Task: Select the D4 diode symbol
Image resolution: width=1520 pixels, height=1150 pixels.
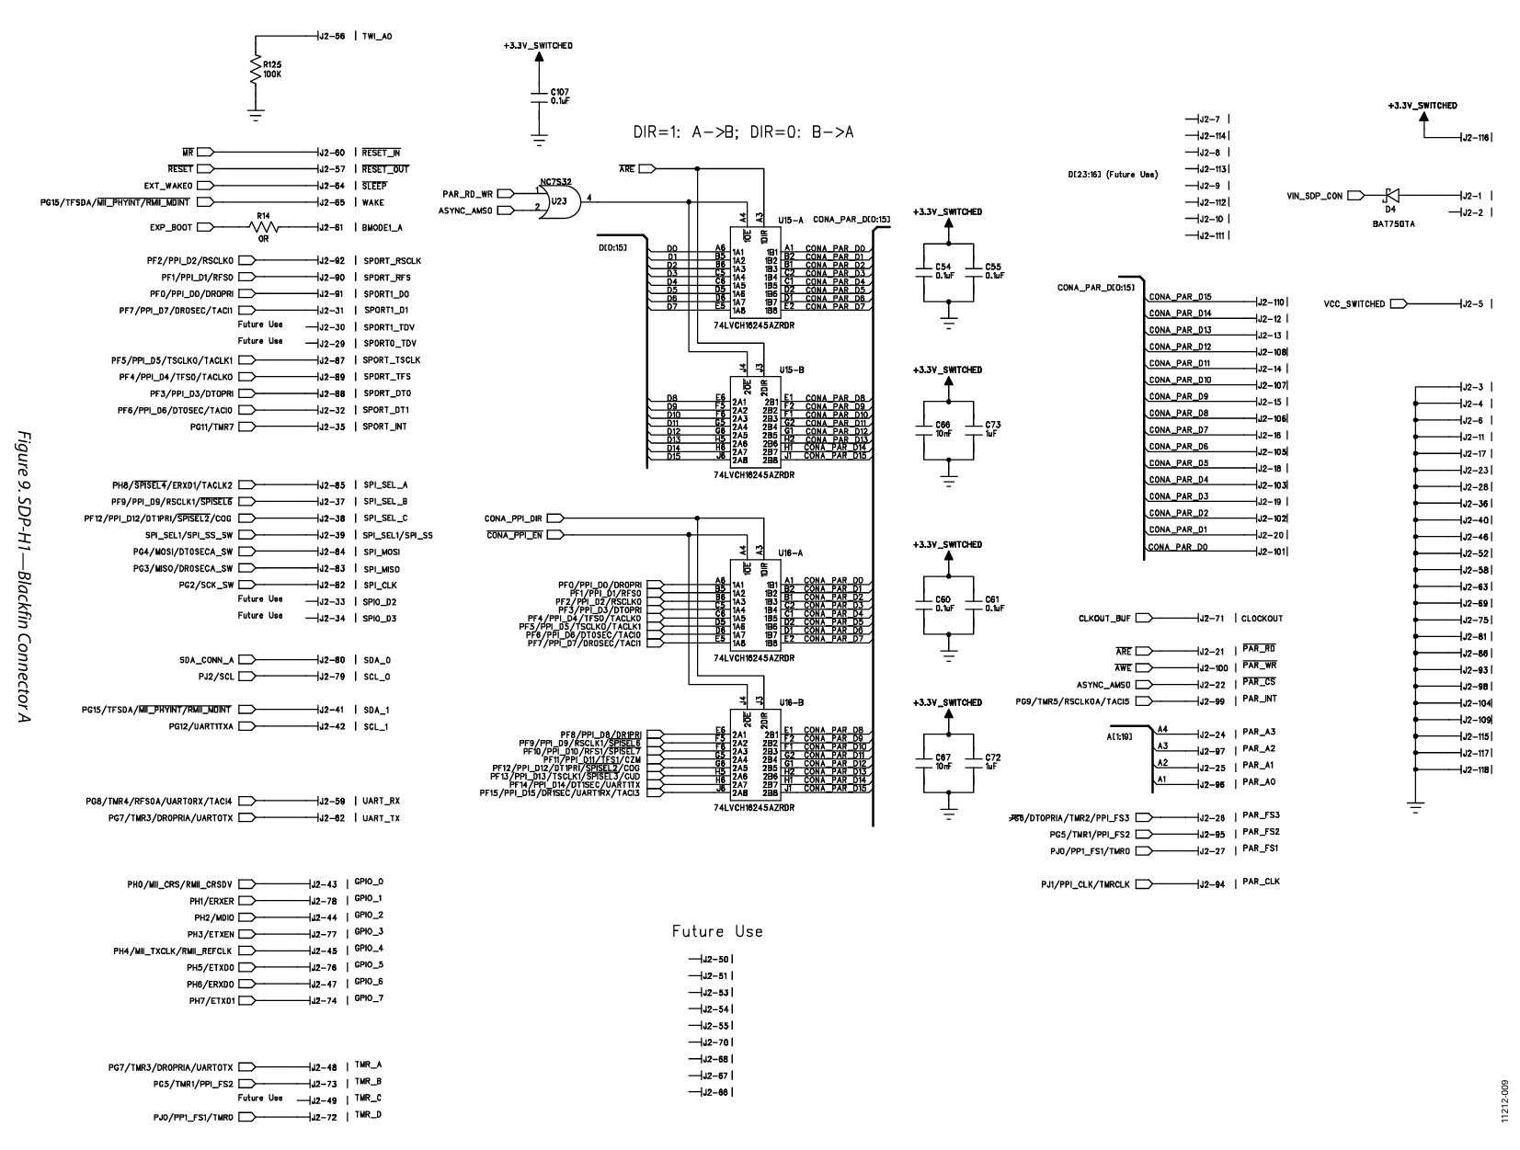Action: [1390, 195]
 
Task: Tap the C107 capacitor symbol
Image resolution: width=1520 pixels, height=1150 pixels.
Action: [539, 96]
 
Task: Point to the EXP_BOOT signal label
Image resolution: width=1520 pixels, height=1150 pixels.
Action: [169, 227]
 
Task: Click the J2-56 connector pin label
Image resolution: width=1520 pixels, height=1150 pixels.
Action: [330, 37]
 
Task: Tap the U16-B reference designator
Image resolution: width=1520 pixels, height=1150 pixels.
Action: [792, 701]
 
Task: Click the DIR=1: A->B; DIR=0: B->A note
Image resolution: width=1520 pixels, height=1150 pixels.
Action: [743, 132]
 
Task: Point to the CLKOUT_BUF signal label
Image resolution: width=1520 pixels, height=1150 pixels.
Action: [1104, 619]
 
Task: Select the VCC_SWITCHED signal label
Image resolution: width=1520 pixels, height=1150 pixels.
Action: [1354, 304]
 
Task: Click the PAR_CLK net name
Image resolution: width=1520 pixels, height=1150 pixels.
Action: [1261, 882]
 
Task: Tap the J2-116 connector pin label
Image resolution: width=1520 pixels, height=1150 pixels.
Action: [1477, 138]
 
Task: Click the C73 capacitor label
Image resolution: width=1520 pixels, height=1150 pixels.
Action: [992, 425]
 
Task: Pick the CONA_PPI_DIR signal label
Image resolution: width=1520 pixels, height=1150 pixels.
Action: [514, 518]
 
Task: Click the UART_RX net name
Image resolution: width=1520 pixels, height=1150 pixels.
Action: [381, 801]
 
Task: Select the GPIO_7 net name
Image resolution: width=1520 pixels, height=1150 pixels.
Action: [369, 998]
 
